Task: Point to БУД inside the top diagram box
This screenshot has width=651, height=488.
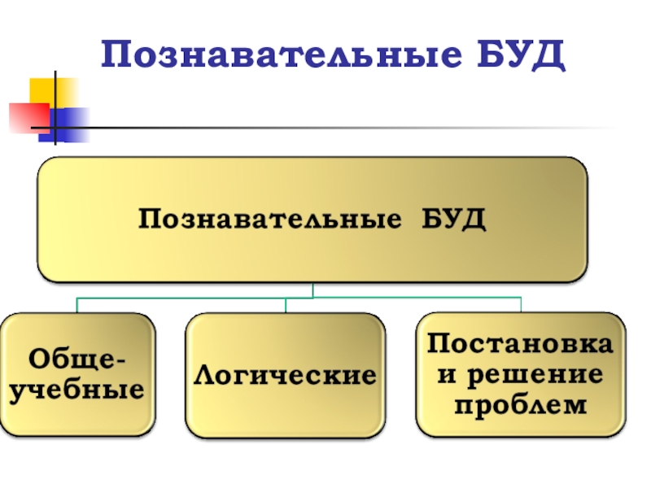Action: (x=453, y=220)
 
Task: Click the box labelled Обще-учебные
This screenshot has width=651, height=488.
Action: (x=78, y=375)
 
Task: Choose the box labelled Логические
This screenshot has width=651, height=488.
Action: (x=285, y=375)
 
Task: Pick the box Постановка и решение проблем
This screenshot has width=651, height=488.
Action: (x=522, y=375)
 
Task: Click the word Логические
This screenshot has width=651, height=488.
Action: (x=285, y=377)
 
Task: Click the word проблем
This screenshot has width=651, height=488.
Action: (x=522, y=404)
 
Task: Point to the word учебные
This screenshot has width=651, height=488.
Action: (x=78, y=390)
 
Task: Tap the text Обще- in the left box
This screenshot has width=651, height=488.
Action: (x=78, y=359)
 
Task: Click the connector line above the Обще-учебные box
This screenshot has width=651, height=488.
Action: (x=77, y=305)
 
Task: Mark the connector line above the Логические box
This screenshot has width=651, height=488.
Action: (x=285, y=305)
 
